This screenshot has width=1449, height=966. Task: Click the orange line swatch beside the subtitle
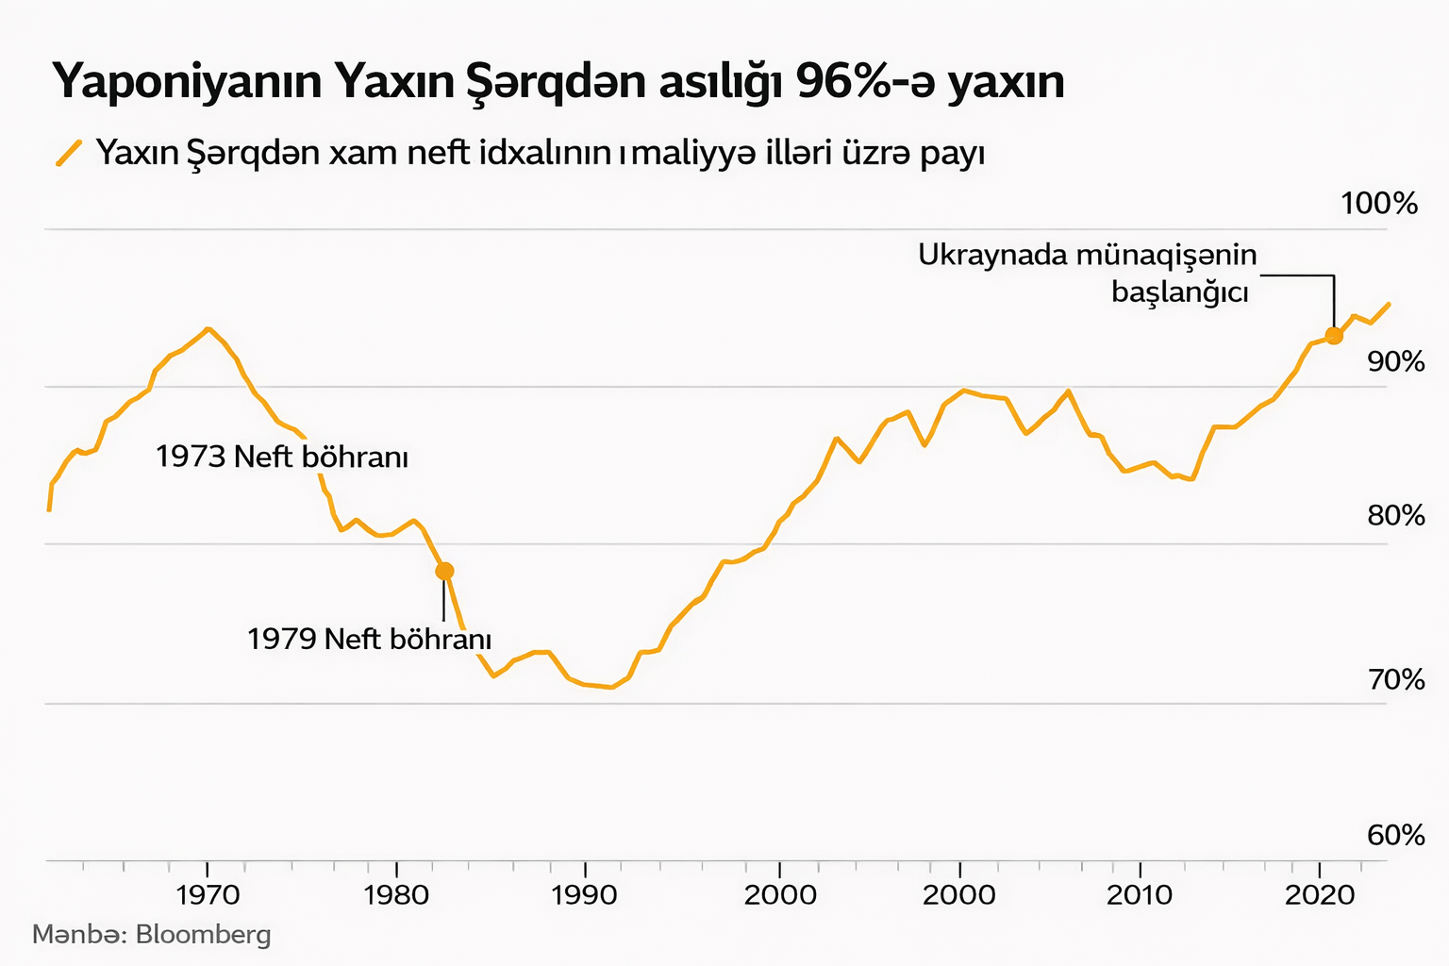click(x=69, y=152)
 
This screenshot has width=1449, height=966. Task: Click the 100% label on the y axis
click(x=1379, y=203)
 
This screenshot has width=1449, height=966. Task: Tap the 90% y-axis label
click(x=1395, y=361)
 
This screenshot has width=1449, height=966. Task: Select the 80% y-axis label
click(x=1395, y=516)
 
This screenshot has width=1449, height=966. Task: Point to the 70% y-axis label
click(x=1395, y=679)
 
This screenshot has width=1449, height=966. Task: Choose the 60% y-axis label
click(x=1395, y=835)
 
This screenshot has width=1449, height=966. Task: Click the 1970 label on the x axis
click(x=208, y=894)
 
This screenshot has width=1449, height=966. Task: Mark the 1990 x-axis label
click(x=585, y=894)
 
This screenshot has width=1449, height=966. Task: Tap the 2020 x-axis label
click(x=1321, y=894)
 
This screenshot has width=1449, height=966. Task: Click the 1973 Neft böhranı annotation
click(x=281, y=458)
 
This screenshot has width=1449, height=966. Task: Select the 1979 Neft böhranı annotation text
click(x=369, y=640)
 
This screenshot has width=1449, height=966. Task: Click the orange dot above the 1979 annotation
click(x=444, y=571)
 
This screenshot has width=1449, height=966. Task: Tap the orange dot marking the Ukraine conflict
click(x=1333, y=336)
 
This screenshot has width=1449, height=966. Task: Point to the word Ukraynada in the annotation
click(x=990, y=255)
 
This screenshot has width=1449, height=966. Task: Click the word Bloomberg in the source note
click(x=203, y=935)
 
